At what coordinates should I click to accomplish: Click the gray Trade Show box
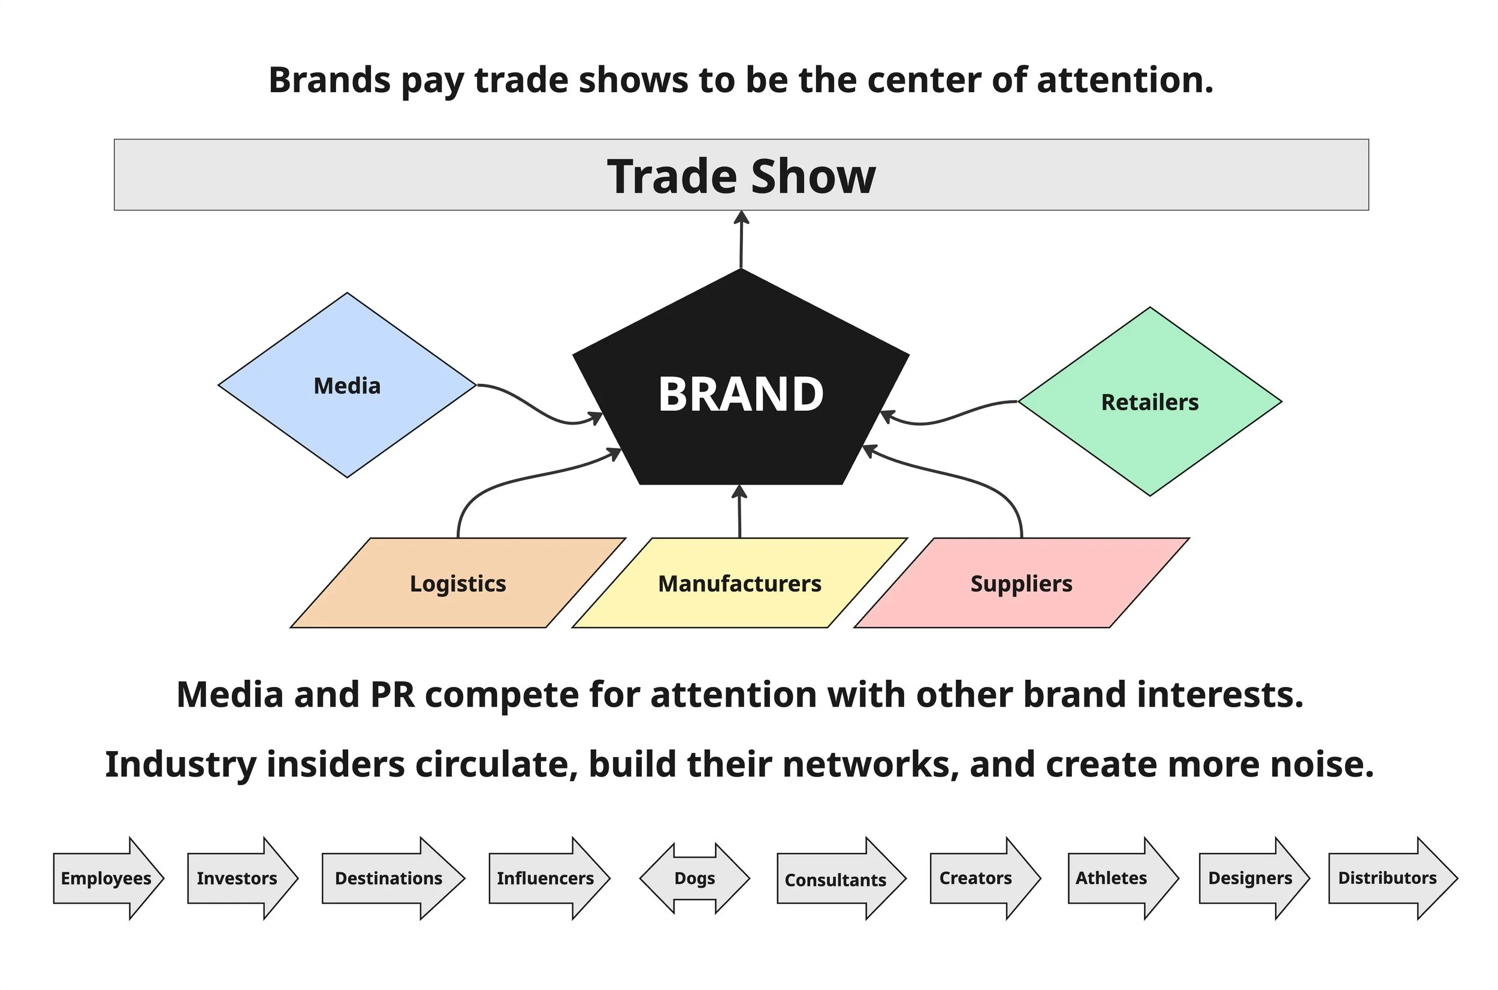point(741,175)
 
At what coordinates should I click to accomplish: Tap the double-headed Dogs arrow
point(694,877)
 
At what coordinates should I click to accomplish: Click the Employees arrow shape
point(106,877)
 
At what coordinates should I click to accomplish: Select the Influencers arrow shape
point(546,877)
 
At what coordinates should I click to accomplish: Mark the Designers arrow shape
point(1251,877)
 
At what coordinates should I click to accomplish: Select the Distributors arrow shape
point(1388,877)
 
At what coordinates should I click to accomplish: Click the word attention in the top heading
point(1125,80)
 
